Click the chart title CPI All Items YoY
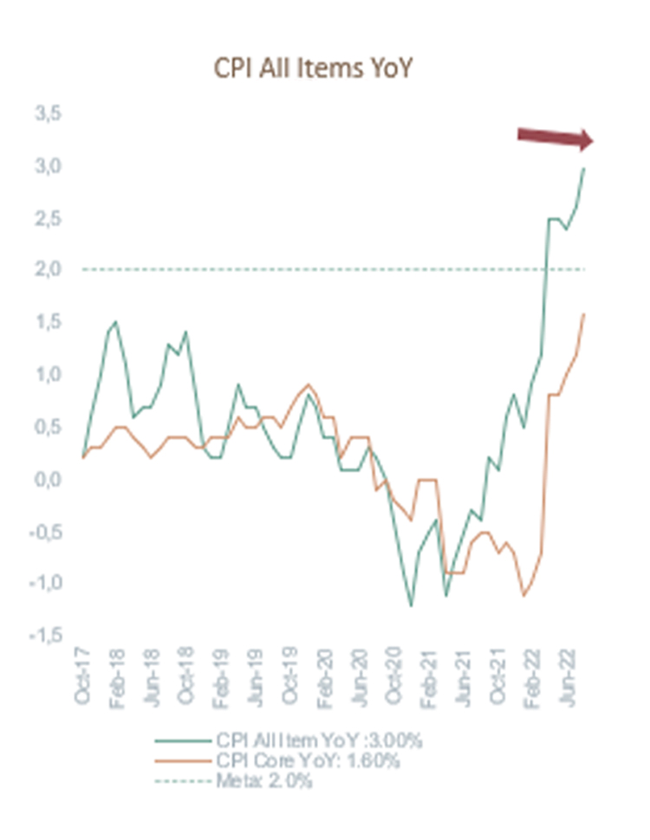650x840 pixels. (x=312, y=68)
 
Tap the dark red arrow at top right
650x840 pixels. (x=555, y=137)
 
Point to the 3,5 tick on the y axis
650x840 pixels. (x=47, y=113)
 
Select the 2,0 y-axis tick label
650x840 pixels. (x=47, y=270)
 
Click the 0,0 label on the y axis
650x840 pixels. (x=47, y=479)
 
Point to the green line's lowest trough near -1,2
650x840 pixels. (x=411, y=605)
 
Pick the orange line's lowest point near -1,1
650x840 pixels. (x=523, y=595)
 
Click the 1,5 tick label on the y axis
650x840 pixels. (x=47, y=322)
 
